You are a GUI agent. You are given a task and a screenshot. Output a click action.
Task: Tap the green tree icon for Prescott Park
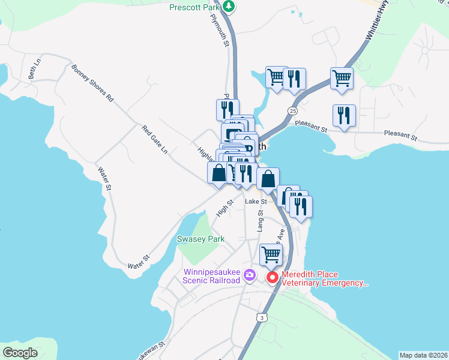[228, 6]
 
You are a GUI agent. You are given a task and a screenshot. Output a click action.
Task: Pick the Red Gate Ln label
[154, 139]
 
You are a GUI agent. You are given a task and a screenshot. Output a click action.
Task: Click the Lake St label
[255, 202]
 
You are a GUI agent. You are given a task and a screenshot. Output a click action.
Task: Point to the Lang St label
[261, 220]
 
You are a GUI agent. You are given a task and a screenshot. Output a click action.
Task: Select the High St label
[224, 209]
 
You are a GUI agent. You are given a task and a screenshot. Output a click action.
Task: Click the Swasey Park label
[200, 239]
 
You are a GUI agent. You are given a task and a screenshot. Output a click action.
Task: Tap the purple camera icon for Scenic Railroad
[250, 277]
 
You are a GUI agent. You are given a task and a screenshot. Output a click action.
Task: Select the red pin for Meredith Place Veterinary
[272, 277]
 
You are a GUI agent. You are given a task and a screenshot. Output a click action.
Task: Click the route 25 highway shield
[292, 111]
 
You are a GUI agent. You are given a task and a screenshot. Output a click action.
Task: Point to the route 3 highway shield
[260, 317]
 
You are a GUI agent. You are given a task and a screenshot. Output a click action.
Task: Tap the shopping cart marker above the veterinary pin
[271, 254]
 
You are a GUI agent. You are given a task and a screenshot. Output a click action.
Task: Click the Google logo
[19, 353]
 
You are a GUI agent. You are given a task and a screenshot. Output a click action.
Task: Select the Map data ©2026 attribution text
[423, 355]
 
